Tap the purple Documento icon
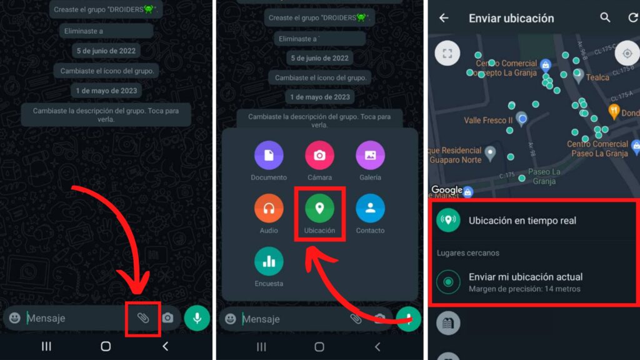tap(269, 156)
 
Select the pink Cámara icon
tap(319, 156)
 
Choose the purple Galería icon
tap(370, 156)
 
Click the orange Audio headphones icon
tap(269, 208)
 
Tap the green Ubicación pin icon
tap(319, 208)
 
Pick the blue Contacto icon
tap(370, 208)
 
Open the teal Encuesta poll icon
tap(269, 261)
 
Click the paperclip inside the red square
tap(143, 318)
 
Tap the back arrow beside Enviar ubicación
tap(444, 18)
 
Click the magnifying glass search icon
tap(605, 18)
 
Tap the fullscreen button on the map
tap(447, 53)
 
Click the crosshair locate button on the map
tap(627, 54)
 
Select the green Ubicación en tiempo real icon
tap(448, 221)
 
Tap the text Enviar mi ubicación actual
tap(526, 277)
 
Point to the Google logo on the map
tap(446, 190)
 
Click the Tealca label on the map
tap(597, 77)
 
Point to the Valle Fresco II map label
tap(488, 120)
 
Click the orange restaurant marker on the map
tap(614, 112)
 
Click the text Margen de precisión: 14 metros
tap(524, 289)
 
